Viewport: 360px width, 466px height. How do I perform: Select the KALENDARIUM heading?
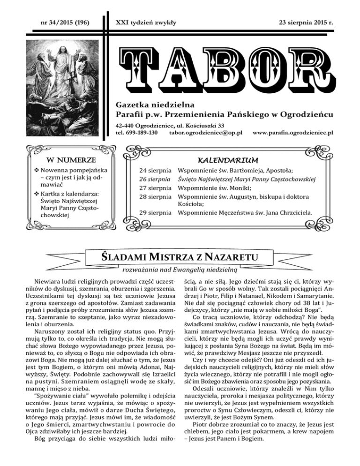[x=227, y=158]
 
